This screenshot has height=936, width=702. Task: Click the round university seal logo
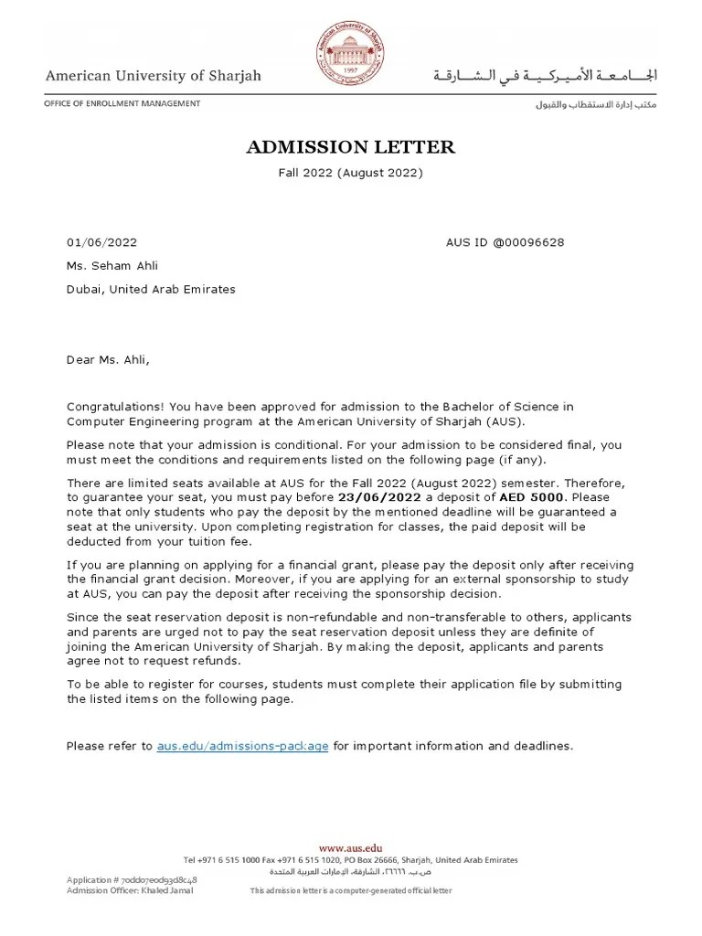tap(350, 51)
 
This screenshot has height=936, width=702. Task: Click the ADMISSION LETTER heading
tap(350, 147)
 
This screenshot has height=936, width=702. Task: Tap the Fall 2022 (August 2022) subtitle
tap(350, 172)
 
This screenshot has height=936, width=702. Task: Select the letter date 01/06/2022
tap(101, 242)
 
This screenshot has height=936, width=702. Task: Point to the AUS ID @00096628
tap(505, 242)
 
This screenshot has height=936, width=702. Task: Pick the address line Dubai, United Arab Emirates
tap(151, 289)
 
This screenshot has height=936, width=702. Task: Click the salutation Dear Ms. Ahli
tap(107, 359)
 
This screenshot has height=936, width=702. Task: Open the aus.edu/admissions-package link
tap(242, 746)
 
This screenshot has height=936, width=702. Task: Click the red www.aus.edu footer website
tap(351, 848)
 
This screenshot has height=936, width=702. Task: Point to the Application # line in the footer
tap(132, 879)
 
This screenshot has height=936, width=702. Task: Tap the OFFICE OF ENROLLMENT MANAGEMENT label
tap(122, 104)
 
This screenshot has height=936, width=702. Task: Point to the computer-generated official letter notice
tap(351, 890)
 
